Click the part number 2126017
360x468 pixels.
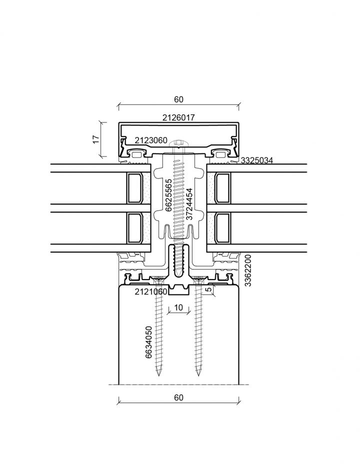pos(178,117)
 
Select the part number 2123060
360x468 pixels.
pos(151,140)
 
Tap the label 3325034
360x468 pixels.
pos(256,160)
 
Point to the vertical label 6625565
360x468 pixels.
pos(168,195)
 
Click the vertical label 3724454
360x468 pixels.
pos(189,204)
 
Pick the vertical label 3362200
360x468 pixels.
pos(248,270)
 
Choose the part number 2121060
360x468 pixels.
pos(151,291)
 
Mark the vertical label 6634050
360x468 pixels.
pos(148,342)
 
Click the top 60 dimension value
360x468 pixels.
pos(178,99)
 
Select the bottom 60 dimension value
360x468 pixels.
pos(178,397)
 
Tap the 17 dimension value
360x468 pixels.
pos(96,139)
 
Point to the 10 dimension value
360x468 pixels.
pos(178,307)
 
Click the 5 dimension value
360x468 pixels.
pos(209,289)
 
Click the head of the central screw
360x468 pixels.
pos(178,143)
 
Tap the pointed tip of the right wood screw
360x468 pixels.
pos(198,375)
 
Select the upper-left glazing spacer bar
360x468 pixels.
pos(134,188)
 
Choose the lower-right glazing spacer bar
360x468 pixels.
pos(222,227)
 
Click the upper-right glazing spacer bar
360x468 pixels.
pos(222,188)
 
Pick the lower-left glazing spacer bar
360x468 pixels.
pos(134,227)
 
